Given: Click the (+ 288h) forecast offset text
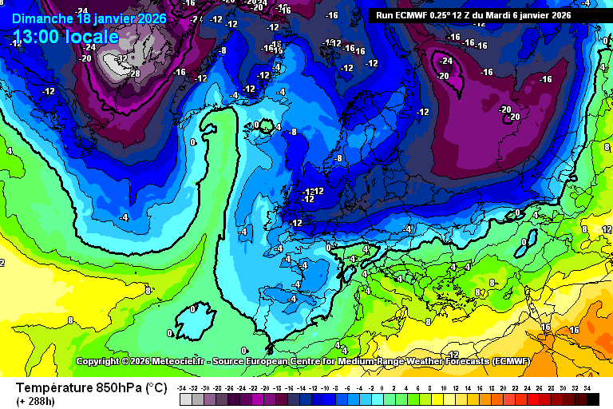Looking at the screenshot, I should click(35, 402).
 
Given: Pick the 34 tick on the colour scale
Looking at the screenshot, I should click(587, 387).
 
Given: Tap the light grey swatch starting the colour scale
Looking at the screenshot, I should click(186, 399).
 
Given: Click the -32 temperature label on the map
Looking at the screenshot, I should click(122, 59).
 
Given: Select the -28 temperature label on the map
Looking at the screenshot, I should click(134, 73).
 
